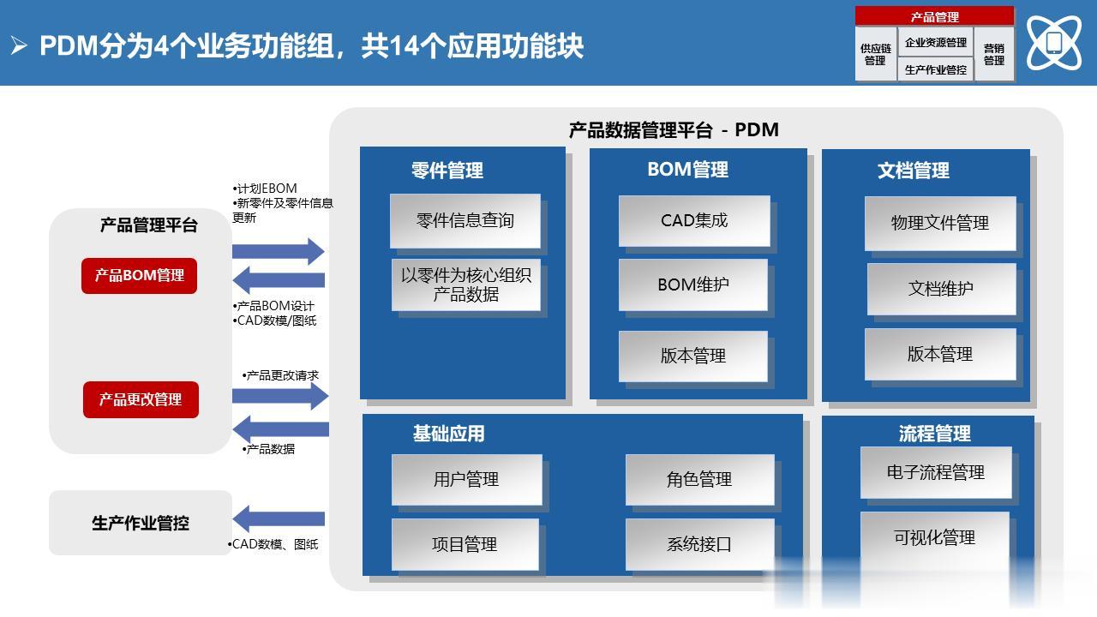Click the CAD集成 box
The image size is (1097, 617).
point(694,221)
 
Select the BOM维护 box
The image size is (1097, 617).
point(693,285)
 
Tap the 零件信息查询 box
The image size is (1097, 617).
point(465,221)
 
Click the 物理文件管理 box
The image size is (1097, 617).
point(940,224)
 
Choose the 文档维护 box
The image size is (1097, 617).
point(941,289)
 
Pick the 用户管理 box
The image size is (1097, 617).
point(467,479)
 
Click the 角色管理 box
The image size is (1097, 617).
point(700,479)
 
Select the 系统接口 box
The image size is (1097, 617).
point(700,544)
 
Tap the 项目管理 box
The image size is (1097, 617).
point(465,544)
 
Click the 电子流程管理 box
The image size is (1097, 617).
point(936,472)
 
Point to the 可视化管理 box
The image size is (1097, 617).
point(935,537)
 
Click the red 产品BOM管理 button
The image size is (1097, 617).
point(140,276)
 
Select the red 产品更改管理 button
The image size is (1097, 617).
point(141,399)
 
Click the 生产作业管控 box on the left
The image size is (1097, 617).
point(141,523)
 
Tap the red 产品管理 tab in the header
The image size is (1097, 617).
point(934,16)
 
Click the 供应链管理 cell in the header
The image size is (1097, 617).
point(876,54)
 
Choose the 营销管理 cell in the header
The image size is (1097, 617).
point(994,54)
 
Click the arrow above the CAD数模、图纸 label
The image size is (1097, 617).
point(279,519)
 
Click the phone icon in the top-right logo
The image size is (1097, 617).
point(1054,43)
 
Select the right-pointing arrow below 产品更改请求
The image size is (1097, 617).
point(280,396)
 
